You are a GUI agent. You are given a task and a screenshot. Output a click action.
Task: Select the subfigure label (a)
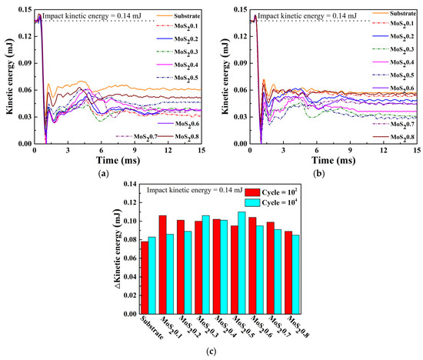(x=105, y=174)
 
